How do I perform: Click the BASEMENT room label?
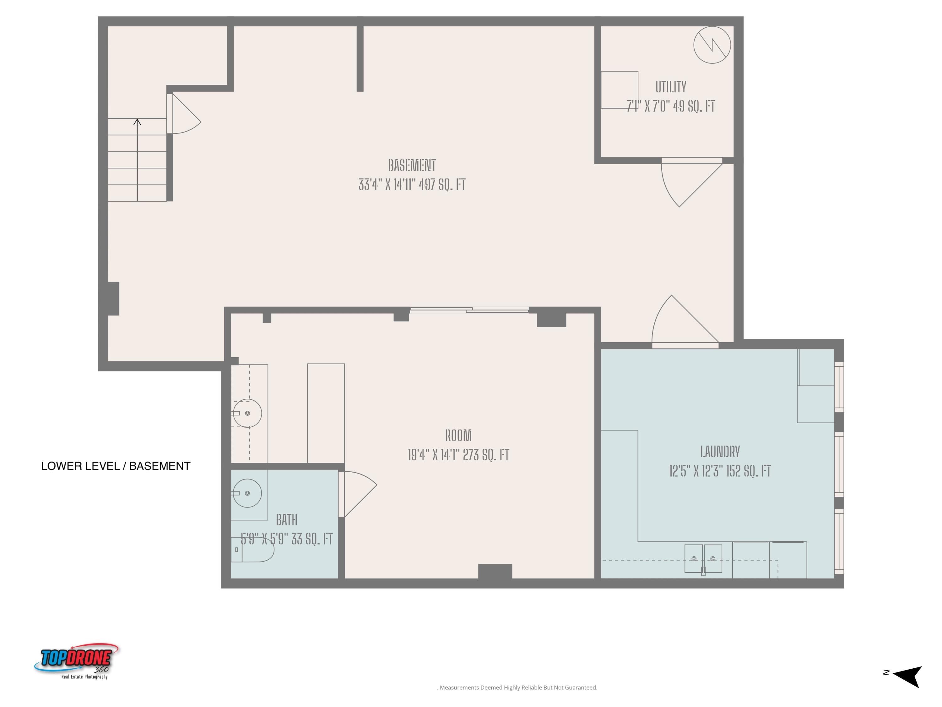[x=412, y=165]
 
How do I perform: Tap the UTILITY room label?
[x=671, y=87]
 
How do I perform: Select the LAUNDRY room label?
[x=720, y=451]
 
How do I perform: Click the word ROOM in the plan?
[x=458, y=435]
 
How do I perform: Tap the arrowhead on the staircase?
[x=137, y=122]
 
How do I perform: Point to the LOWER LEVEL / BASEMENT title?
[x=116, y=466]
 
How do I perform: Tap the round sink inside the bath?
[x=247, y=493]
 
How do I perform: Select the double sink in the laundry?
[x=703, y=558]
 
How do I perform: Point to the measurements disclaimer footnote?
[x=518, y=687]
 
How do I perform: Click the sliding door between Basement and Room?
[x=469, y=310]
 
